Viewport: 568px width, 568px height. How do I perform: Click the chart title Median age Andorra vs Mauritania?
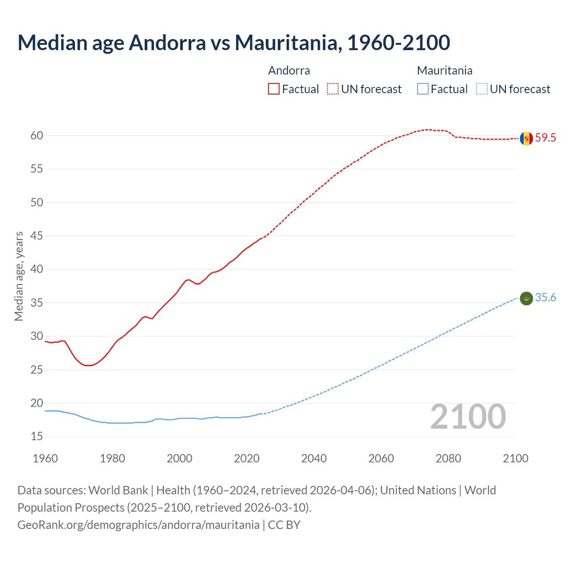coord(234,43)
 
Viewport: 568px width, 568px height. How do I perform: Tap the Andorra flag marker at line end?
coord(526,138)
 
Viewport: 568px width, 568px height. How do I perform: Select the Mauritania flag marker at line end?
coord(526,299)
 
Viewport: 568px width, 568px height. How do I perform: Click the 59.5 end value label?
coord(545,138)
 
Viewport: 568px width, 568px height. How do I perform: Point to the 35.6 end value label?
coord(545,298)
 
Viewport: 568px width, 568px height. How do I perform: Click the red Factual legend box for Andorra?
coord(274,89)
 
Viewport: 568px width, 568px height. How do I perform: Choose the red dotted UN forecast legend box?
coord(333,89)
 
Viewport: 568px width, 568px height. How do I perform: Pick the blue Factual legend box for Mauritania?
coord(423,89)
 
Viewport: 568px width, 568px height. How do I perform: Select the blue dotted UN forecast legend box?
coord(482,89)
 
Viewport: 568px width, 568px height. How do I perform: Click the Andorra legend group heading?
coord(289,71)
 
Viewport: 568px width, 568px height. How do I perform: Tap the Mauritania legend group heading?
coord(445,71)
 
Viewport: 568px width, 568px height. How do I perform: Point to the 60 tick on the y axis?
coord(37,136)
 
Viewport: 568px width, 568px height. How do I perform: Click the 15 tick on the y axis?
coord(37,437)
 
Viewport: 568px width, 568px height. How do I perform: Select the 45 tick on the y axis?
coord(37,236)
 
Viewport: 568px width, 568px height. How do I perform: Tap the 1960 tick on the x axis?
coord(45,458)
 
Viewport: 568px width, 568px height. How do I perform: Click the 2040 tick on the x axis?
coord(314,458)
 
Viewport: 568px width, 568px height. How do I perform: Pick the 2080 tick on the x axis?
coord(448,458)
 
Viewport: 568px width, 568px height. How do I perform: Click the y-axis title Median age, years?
coord(19,276)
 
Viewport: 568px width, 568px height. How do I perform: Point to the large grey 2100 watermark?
coord(468,417)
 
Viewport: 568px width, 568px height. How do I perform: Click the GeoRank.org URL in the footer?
coord(138,525)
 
